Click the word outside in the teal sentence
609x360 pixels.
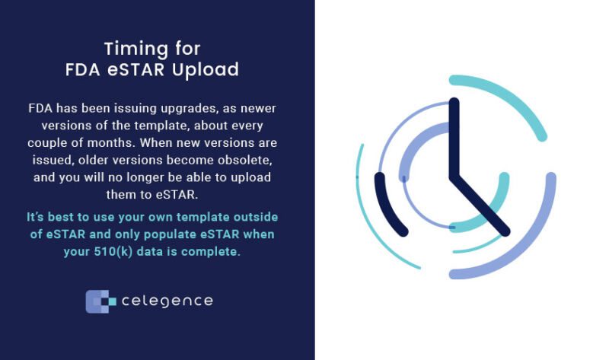260,218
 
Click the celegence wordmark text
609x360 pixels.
167,301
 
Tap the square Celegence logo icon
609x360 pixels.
100,301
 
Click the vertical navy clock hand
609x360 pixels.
454,137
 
